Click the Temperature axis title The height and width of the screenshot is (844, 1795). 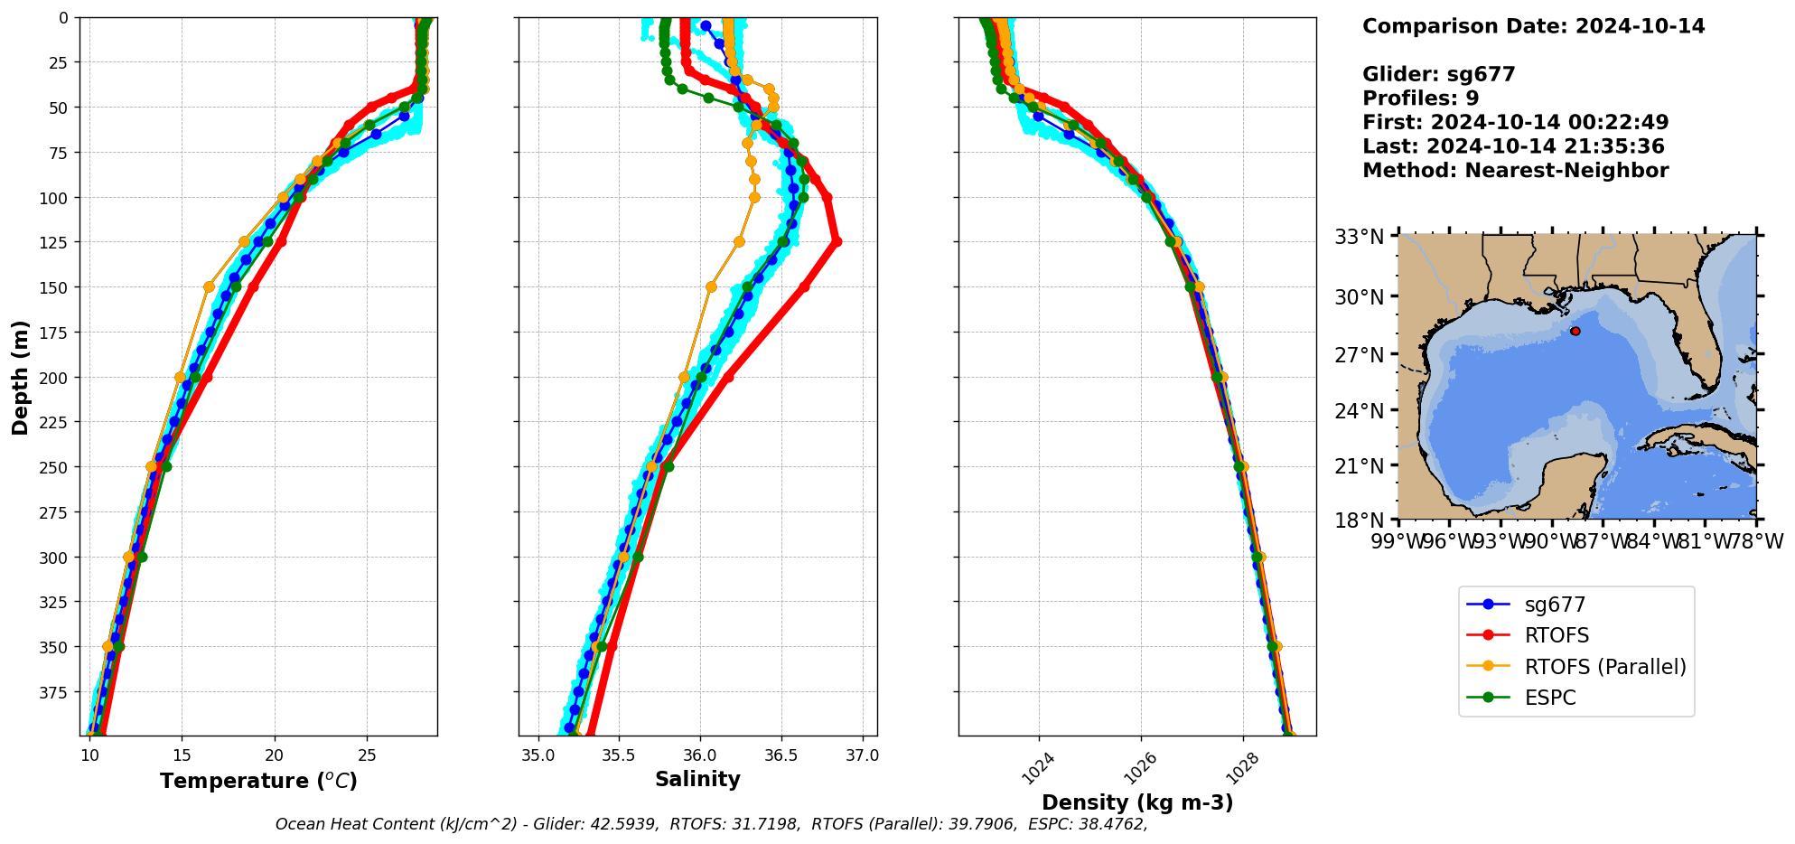coord(258,781)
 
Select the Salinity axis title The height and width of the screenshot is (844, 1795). coord(697,779)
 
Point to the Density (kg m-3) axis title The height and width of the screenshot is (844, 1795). coord(1137,802)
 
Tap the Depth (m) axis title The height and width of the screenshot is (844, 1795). coord(20,377)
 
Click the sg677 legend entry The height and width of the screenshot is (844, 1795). coord(1555,605)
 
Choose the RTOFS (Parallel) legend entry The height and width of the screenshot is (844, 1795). coord(1604,667)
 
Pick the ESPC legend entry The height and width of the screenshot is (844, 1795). coord(1549,698)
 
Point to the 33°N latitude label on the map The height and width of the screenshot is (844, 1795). coord(1360,237)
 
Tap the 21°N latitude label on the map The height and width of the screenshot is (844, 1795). coord(1360,466)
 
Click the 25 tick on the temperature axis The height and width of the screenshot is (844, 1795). coord(367,755)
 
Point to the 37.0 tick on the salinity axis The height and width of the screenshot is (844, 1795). coord(862,755)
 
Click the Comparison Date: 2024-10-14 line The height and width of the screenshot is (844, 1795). coord(1533,26)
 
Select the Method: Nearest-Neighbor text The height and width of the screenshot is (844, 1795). coord(1515,171)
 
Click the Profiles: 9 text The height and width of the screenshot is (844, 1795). coord(1420,98)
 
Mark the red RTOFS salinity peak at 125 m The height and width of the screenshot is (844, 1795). coord(837,241)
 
